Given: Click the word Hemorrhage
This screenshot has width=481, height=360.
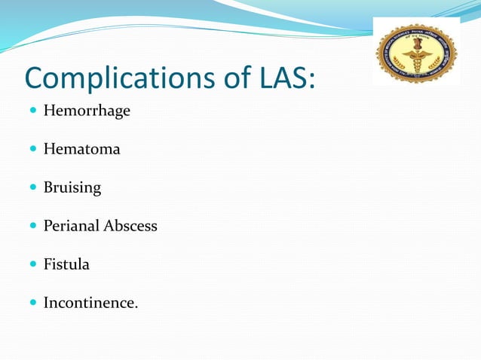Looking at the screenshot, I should [87, 111].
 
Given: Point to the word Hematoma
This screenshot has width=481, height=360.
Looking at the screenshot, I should [81, 149].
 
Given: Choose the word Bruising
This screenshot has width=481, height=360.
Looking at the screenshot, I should [72, 188].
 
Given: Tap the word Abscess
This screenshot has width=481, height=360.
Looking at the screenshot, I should [131, 226].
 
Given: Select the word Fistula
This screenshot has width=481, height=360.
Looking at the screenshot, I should [66, 264].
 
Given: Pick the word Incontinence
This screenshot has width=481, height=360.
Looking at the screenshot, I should [90, 303].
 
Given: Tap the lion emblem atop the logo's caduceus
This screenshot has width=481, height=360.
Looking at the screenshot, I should [416, 44].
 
